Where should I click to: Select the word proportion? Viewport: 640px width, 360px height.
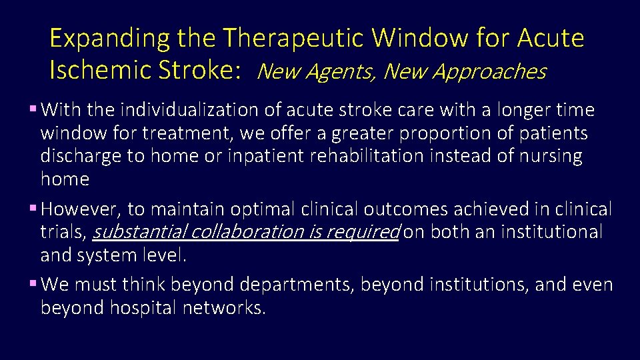[440, 133]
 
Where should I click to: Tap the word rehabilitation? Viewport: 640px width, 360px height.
[359, 156]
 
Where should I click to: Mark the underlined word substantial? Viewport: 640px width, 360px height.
[139, 232]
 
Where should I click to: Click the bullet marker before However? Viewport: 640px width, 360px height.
[33, 209]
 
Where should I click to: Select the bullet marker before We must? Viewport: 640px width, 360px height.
[33, 284]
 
